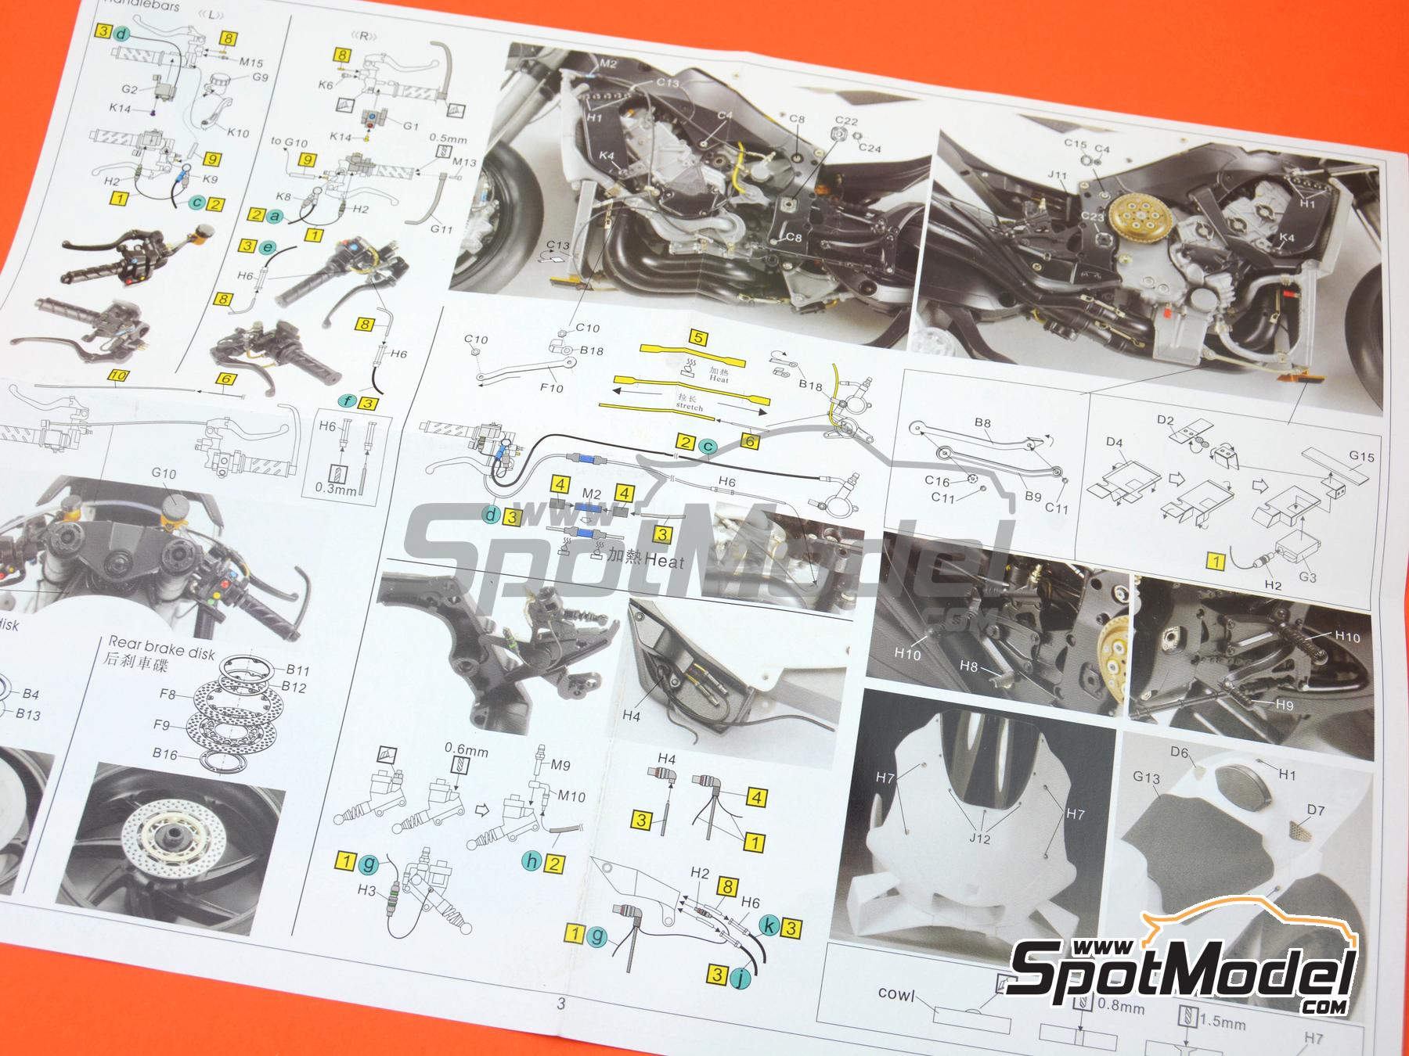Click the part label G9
[x=261, y=77]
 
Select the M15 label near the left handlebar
[x=251, y=63]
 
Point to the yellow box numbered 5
[x=698, y=339]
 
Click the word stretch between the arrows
[x=689, y=407]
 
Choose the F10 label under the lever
[x=551, y=388]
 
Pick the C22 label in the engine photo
[x=846, y=120]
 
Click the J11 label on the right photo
[x=1057, y=176]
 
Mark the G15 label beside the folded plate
[x=1361, y=457]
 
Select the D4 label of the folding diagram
[x=1115, y=443]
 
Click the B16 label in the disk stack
[x=165, y=754]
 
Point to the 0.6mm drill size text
[x=466, y=752]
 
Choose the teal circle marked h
[x=532, y=862]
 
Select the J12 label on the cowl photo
[x=979, y=839]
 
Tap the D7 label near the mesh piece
[x=1316, y=810]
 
